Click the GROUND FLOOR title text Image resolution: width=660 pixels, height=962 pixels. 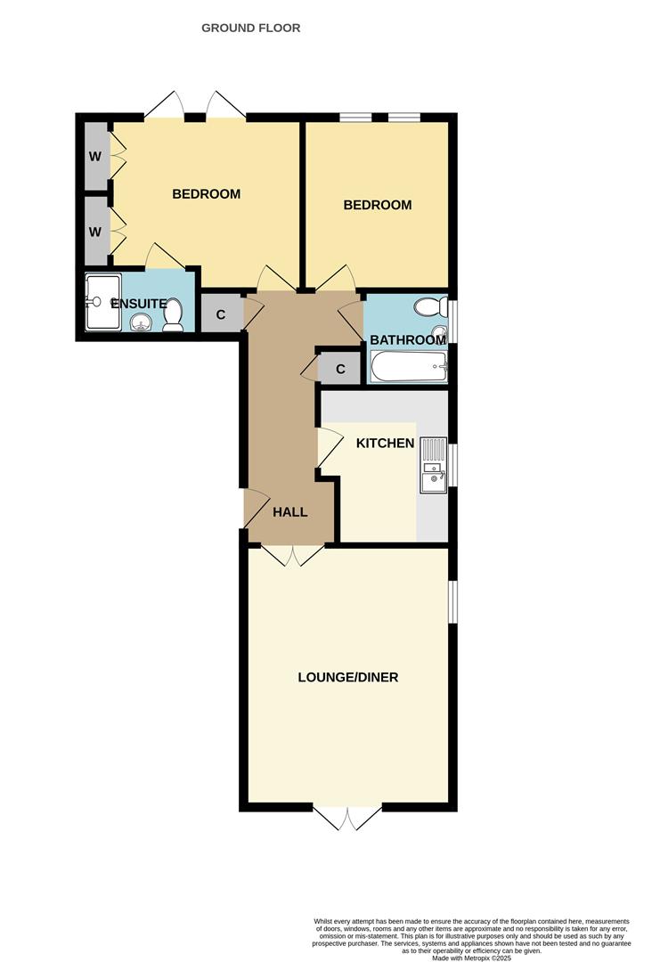click(x=250, y=28)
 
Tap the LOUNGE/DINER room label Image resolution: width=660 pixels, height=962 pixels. click(x=347, y=677)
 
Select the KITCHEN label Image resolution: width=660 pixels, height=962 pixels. click(x=385, y=443)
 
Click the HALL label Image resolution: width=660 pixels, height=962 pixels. click(x=289, y=512)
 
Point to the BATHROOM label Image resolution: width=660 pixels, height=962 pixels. click(x=407, y=340)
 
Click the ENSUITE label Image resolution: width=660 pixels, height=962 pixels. click(x=138, y=304)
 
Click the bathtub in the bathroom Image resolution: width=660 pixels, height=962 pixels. click(x=408, y=365)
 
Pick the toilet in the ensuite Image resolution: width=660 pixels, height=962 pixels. click(x=174, y=314)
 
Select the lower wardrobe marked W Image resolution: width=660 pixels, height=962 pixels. click(x=94, y=231)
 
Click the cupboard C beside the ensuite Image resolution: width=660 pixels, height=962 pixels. click(x=220, y=314)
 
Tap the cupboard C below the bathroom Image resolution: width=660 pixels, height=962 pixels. click(x=340, y=368)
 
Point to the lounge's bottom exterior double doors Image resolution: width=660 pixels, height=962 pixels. click(x=347, y=817)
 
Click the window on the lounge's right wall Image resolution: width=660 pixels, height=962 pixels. click(x=452, y=602)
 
